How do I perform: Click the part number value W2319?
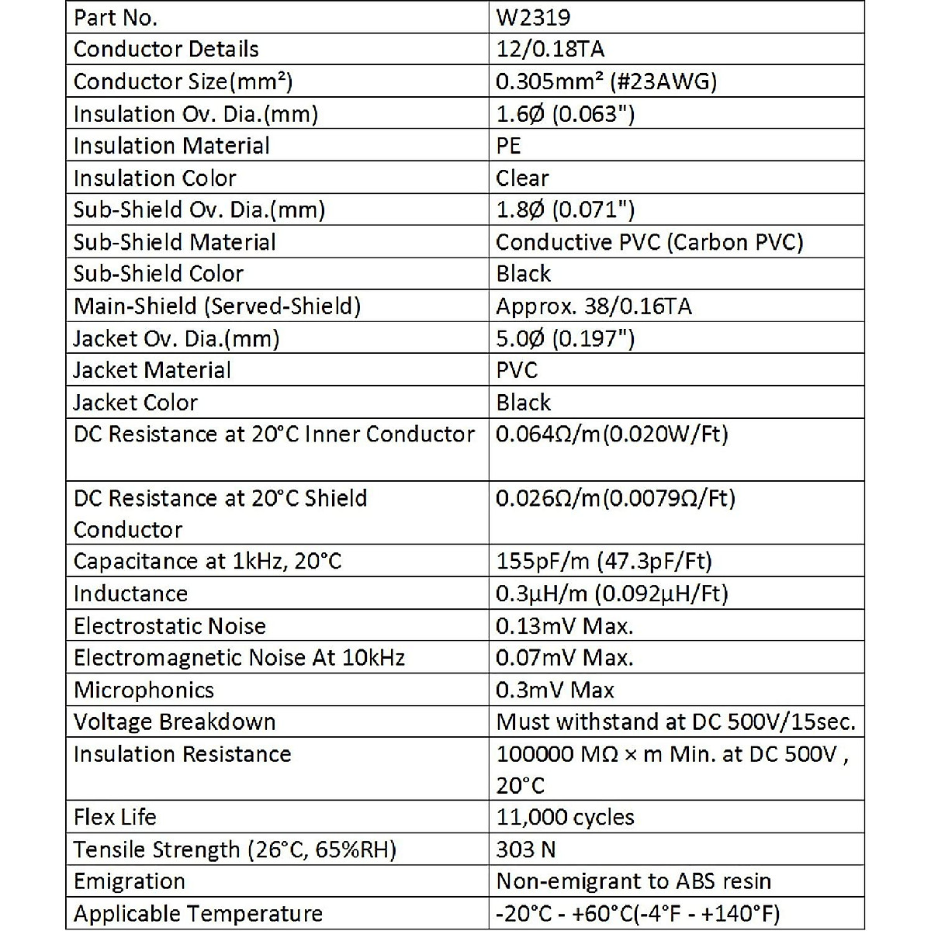coord(534,18)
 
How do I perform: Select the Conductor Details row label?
coord(166,50)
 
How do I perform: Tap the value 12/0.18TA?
coord(550,50)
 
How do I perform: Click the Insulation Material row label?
coord(171,146)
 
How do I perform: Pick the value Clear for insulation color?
coord(522,178)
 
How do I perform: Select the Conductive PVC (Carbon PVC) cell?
coord(649,242)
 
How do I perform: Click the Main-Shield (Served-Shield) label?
coord(217,306)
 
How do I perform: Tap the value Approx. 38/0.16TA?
coord(594,306)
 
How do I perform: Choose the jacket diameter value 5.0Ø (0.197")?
coord(566,339)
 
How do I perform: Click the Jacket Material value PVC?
coord(517,371)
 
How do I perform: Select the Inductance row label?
coord(130,594)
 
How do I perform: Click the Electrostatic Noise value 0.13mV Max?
coord(565,626)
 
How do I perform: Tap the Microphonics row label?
coord(144,690)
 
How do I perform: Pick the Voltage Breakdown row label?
coord(175,722)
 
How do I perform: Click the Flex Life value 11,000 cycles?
coord(565,817)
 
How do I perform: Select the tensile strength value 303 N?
coord(525,850)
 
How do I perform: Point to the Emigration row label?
coord(130,881)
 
